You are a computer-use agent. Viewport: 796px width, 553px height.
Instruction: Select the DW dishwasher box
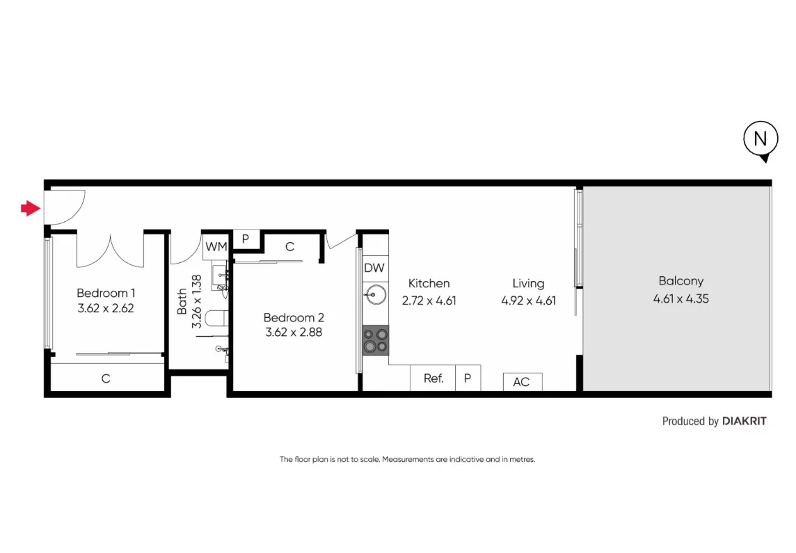(x=374, y=268)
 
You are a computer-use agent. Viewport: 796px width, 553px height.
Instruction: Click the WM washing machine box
(x=216, y=246)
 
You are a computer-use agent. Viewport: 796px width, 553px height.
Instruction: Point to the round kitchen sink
(x=374, y=295)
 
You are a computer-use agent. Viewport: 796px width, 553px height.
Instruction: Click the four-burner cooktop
(x=375, y=340)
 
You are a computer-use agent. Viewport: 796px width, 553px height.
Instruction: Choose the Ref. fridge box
(x=433, y=378)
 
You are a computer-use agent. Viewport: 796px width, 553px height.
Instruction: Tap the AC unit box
(x=522, y=381)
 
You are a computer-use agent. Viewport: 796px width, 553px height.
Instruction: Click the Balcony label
(x=680, y=281)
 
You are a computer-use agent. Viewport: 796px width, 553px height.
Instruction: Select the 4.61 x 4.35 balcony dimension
(x=680, y=299)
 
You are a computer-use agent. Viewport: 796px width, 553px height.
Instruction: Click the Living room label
(x=528, y=283)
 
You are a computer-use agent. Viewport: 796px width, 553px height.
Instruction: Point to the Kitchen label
(x=429, y=283)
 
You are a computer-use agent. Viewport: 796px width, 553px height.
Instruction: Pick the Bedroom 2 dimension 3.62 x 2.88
(x=294, y=332)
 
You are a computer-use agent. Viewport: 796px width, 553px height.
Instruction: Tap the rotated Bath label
(x=182, y=302)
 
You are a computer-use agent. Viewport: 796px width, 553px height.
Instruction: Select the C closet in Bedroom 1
(x=106, y=379)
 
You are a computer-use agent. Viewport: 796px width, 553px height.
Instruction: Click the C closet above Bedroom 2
(x=289, y=246)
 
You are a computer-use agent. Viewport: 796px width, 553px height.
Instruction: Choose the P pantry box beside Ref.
(x=468, y=378)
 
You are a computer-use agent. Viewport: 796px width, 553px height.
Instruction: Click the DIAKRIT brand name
(x=745, y=421)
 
